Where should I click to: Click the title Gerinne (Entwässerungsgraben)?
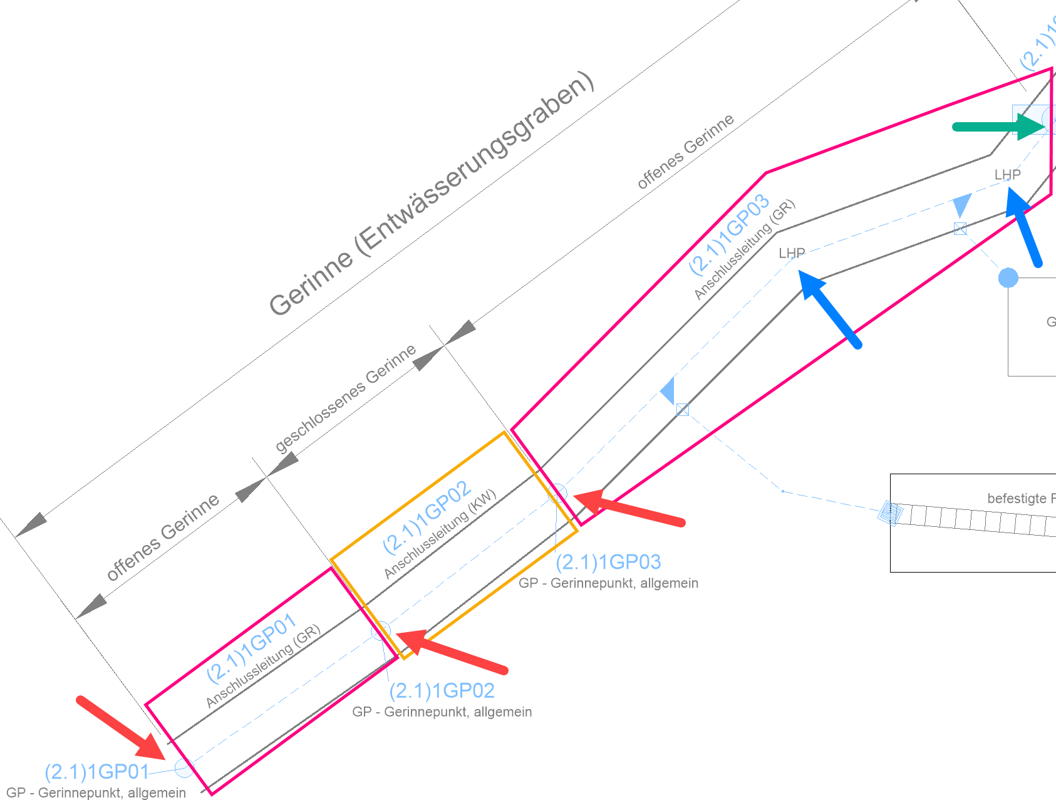[x=432, y=194]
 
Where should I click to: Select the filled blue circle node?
[x=1008, y=278]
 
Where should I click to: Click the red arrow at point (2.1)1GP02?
[x=451, y=652]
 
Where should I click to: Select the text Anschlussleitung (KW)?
[x=440, y=533]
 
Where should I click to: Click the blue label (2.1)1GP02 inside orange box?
[x=427, y=517]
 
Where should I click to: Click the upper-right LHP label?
[x=1007, y=174]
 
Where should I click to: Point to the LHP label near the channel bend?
[x=792, y=253]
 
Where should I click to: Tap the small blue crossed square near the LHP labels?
[x=960, y=229]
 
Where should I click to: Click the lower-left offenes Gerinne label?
[x=163, y=537]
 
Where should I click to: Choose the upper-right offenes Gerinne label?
[x=685, y=152]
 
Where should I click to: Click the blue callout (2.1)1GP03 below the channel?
[x=608, y=562]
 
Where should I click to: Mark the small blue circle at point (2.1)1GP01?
[x=184, y=767]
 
